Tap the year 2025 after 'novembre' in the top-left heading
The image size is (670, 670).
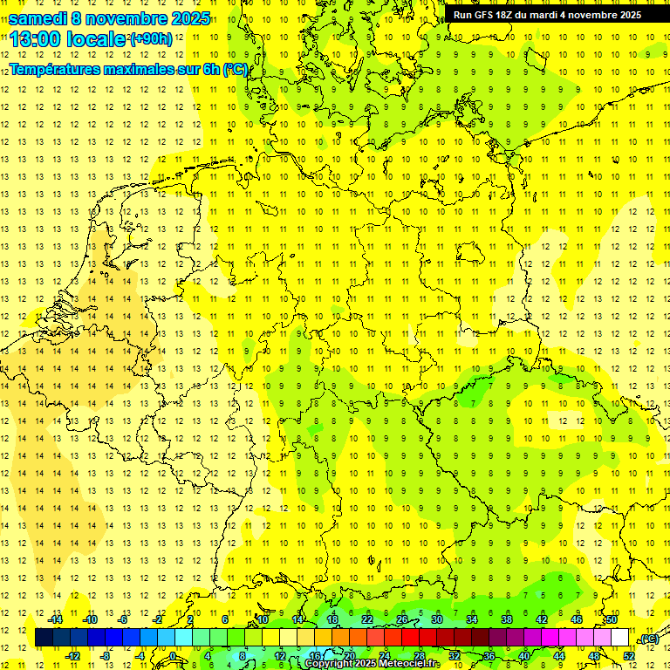[188, 18]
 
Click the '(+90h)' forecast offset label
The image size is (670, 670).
[151, 39]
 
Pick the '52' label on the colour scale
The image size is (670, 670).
[629, 656]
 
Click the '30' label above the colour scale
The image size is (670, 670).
[436, 619]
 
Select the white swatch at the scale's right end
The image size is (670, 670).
[620, 638]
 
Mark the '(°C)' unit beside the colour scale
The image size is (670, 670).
[649, 639]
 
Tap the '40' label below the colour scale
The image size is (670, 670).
[524, 656]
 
